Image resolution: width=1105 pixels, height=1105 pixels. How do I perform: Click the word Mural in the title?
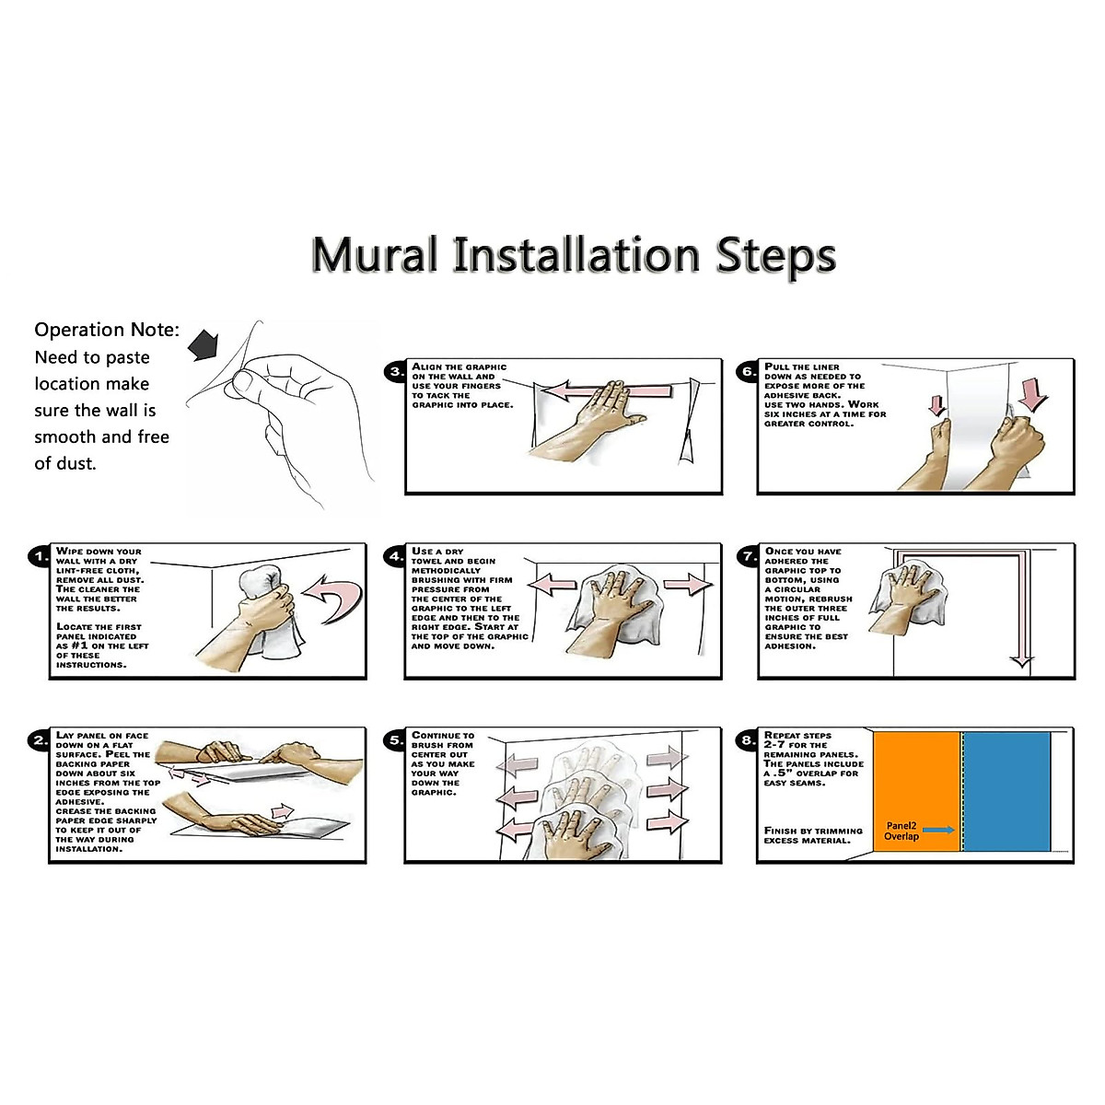[x=375, y=254]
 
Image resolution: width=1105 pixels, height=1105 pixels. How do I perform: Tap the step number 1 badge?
[x=41, y=556]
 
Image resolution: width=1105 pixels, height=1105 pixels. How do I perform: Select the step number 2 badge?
[x=41, y=740]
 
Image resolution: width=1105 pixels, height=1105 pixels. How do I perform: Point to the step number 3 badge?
[x=396, y=372]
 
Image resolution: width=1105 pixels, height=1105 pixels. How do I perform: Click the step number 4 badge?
[x=396, y=556]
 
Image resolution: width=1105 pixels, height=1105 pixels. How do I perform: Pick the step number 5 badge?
[x=396, y=740]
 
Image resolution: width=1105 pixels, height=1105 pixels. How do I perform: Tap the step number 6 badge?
[x=749, y=372]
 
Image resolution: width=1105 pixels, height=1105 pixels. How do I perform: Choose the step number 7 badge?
[x=749, y=556]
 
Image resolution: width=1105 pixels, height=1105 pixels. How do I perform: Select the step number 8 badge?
[x=749, y=740]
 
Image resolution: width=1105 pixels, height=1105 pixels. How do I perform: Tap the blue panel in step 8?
[x=1006, y=792]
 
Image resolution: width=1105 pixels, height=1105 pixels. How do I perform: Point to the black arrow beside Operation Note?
[x=204, y=344]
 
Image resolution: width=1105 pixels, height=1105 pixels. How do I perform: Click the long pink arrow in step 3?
[x=608, y=391]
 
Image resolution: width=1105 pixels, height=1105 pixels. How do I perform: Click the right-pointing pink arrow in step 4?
[x=688, y=586]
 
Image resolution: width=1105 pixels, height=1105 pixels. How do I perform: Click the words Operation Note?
[x=107, y=330]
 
